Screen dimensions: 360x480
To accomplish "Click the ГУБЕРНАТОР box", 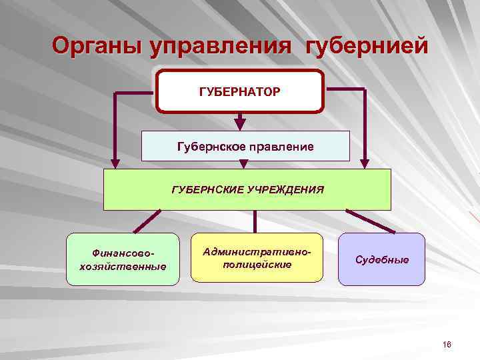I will tap(239, 90).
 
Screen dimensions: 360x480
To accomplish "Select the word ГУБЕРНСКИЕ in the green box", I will tap(207, 189).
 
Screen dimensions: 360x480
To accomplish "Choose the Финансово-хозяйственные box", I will tap(123, 259).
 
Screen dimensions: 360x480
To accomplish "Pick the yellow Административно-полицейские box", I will tap(257, 258).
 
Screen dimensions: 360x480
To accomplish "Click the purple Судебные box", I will tap(381, 259).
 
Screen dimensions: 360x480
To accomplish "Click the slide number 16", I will tap(447, 344).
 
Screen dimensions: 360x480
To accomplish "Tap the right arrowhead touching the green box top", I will tap(364, 162).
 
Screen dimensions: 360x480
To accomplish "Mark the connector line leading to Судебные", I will tap(370, 221).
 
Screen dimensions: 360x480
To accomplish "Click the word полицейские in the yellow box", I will tap(257, 265).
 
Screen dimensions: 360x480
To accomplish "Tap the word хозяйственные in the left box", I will tap(123, 267).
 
